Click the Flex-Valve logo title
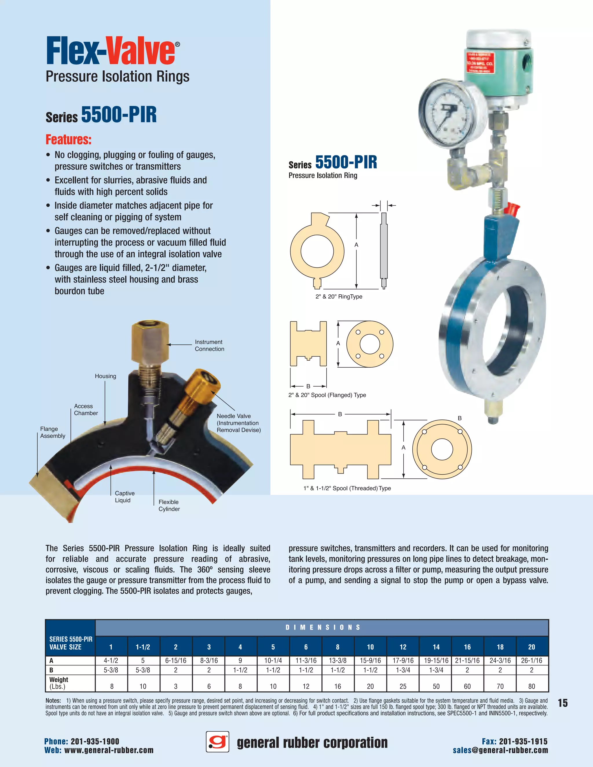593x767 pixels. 112,51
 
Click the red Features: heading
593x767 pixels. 69,140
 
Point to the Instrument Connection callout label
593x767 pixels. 209,345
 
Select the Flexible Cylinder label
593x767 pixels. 169,505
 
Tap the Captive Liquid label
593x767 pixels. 125,497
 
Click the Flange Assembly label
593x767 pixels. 53,432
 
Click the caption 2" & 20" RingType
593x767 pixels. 339,296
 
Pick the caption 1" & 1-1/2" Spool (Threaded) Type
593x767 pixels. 347,488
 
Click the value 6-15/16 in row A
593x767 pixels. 176,660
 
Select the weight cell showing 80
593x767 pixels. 532,686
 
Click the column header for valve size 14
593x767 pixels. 436,647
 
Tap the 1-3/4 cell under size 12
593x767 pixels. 403,670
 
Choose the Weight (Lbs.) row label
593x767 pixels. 59,683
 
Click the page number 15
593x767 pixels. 563,703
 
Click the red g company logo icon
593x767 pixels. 217,742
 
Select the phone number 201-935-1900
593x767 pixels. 95,741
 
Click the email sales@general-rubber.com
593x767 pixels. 500,750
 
